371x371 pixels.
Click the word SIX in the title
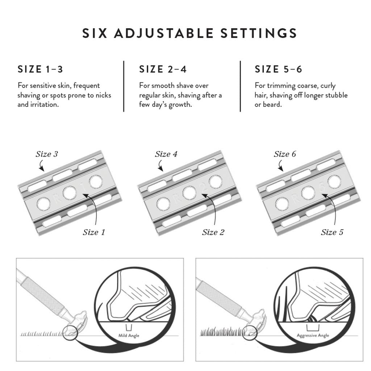click(95, 33)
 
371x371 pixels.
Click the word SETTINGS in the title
click(259, 33)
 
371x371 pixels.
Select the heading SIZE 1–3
click(40, 69)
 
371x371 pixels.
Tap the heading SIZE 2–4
click(163, 69)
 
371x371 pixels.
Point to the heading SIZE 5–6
click(278, 69)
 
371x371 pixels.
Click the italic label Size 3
click(47, 154)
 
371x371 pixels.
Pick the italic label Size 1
click(94, 232)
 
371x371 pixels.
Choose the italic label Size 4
click(166, 154)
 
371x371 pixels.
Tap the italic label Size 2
click(213, 232)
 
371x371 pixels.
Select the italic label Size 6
click(285, 154)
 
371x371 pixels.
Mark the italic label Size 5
click(332, 232)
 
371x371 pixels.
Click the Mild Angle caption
click(129, 335)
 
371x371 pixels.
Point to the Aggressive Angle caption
click(313, 335)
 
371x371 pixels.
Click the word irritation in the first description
click(45, 104)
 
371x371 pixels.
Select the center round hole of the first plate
click(70, 193)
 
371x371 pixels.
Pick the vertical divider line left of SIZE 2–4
click(124, 86)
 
